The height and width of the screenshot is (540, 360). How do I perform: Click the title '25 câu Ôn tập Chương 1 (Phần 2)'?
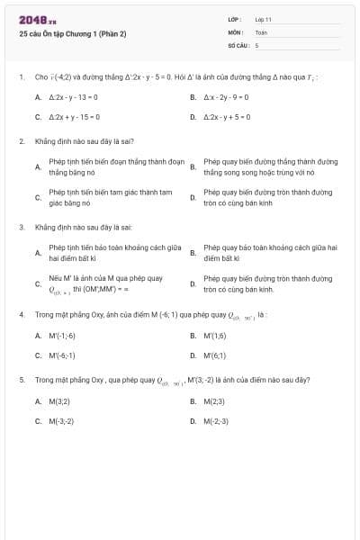72,33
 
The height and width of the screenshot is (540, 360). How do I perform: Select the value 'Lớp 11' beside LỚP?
263,19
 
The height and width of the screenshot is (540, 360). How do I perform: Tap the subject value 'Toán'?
261,31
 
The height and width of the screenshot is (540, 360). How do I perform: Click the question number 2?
21,141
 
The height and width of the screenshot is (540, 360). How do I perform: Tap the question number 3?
21,228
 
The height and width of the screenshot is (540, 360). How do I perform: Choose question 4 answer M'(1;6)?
215,335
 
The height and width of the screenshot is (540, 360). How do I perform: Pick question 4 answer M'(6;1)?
215,355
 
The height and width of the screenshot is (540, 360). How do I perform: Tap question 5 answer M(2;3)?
214,400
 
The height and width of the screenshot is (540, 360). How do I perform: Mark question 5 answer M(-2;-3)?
216,420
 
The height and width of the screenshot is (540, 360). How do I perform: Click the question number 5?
21,380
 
